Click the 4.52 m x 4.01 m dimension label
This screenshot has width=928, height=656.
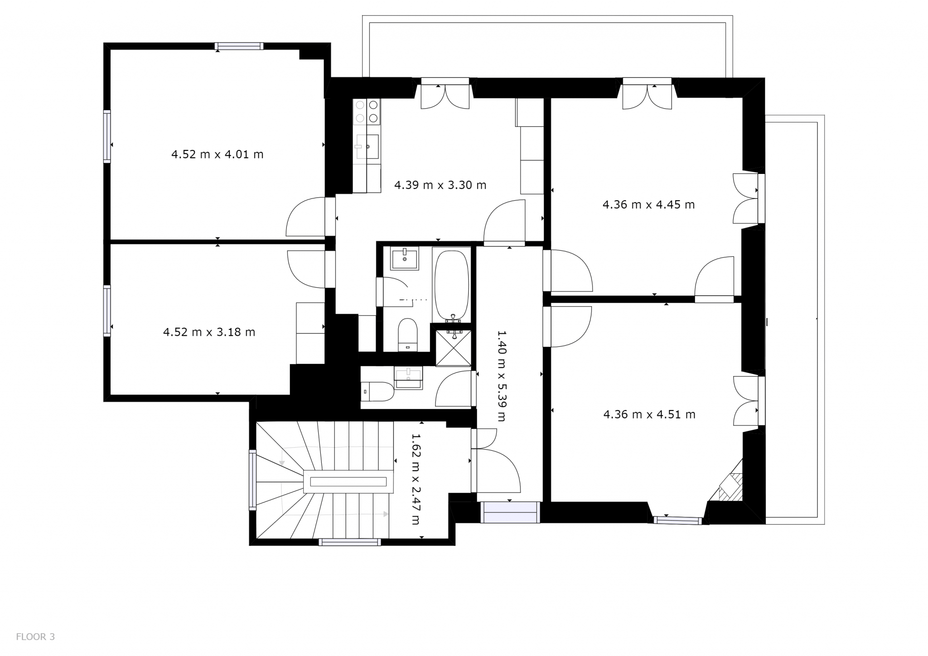pyautogui.click(x=217, y=154)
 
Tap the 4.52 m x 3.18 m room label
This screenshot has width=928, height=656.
pyautogui.click(x=209, y=333)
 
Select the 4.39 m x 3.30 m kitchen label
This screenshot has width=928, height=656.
pyautogui.click(x=440, y=185)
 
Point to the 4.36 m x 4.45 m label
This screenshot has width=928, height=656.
pyautogui.click(x=648, y=205)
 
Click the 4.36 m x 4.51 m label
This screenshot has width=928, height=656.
pyautogui.click(x=649, y=415)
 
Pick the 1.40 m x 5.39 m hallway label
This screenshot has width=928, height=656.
pyautogui.click(x=501, y=376)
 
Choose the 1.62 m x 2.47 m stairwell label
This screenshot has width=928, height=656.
pyautogui.click(x=415, y=479)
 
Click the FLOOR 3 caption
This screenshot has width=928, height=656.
pyautogui.click(x=35, y=637)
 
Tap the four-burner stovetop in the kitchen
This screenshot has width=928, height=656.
pyautogui.click(x=367, y=111)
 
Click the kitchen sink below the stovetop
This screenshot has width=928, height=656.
pyautogui.click(x=367, y=146)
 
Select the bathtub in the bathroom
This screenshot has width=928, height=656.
pyautogui.click(x=451, y=285)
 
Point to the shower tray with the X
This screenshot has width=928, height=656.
pyautogui.click(x=453, y=348)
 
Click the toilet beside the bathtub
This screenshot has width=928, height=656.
pyautogui.click(x=407, y=334)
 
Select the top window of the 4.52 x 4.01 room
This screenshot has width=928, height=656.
pyautogui.click(x=239, y=46)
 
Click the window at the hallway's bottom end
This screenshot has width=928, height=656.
pyautogui.click(x=510, y=512)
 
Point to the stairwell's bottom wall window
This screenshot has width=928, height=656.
pyautogui.click(x=349, y=542)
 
